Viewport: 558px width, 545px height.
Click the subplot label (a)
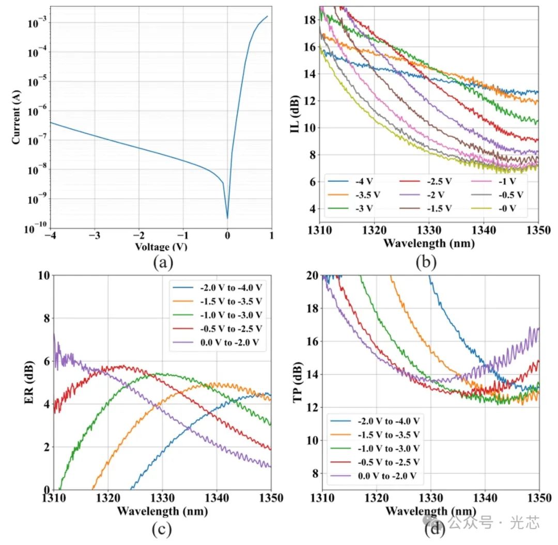coord(164,263)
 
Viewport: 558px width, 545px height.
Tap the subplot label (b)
coord(426,263)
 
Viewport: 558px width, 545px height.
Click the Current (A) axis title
coord(17,118)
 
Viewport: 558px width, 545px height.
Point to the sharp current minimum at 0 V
coord(227,218)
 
